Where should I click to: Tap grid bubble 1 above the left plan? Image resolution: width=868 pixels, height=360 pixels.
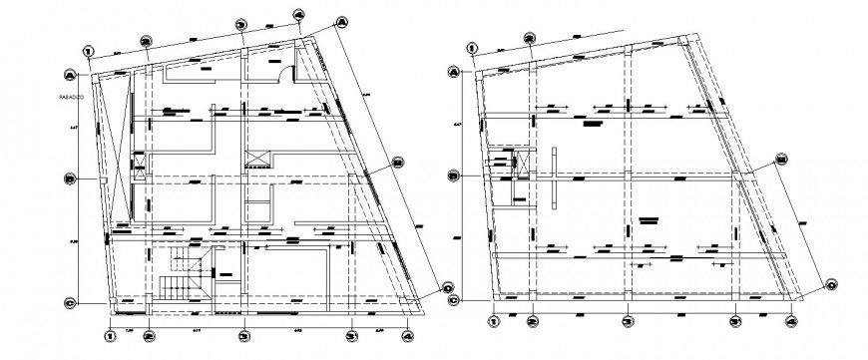[89, 51]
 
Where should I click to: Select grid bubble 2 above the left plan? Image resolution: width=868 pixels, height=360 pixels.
[146, 41]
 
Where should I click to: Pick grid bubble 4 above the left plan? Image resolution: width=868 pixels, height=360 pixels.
[298, 15]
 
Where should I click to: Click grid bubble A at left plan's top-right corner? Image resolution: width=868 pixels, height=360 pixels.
[341, 21]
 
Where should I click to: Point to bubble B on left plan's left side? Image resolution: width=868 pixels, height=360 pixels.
[69, 180]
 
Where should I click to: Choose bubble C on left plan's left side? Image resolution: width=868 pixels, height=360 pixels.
[69, 303]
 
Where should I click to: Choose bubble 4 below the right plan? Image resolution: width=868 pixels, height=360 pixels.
[791, 321]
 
